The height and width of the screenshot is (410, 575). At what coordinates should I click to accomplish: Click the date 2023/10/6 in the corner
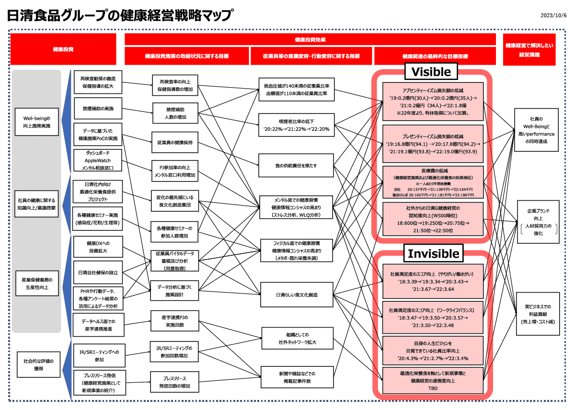coord(553,15)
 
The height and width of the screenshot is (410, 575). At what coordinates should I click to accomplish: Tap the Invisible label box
coord(433,253)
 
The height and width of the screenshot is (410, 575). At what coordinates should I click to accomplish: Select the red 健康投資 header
coord(63,49)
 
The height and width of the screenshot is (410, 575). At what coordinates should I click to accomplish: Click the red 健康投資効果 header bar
coord(310,39)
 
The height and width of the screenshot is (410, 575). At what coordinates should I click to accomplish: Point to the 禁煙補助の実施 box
coord(98,109)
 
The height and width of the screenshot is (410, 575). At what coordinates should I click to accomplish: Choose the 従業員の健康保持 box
coord(174,142)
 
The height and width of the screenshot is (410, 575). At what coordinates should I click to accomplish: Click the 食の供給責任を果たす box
coord(296,165)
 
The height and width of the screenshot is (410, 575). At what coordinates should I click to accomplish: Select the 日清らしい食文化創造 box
coord(297,295)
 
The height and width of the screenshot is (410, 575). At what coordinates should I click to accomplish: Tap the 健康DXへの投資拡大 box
coord(98,247)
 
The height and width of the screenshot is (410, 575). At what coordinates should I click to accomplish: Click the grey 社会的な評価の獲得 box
coord(38,364)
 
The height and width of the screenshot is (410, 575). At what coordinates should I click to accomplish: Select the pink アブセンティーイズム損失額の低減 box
coord(433,102)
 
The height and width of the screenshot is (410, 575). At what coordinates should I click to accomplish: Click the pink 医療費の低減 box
coord(433,182)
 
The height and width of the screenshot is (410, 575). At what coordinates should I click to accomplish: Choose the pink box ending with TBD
coord(433,381)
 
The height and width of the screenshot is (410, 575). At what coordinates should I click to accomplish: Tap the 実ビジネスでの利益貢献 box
coord(537,314)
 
